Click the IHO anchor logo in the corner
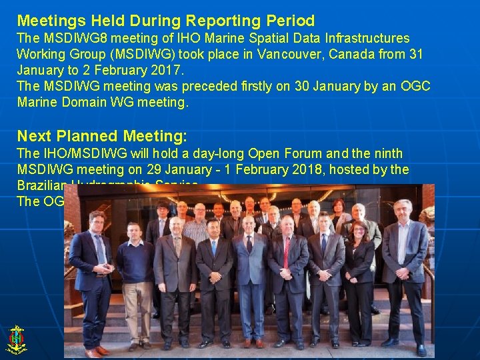point(16,339)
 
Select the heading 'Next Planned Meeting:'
point(102,136)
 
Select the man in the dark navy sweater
point(135,280)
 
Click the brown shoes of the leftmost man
point(95,351)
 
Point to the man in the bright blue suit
point(250,280)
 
